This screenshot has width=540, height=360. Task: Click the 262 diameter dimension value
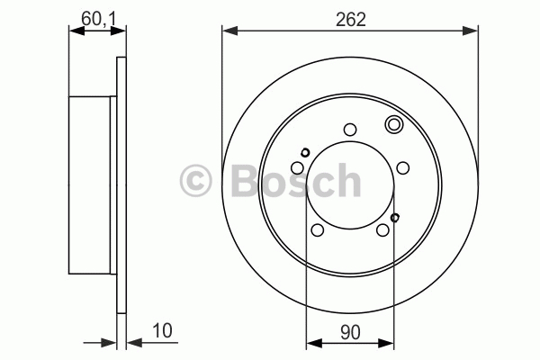(351, 19)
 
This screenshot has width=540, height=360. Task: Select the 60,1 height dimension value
(98, 19)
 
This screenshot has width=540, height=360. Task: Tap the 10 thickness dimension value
(162, 330)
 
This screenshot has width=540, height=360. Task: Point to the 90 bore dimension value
(350, 332)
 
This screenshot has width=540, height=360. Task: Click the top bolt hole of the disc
(350, 130)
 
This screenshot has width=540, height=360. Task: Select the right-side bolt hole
(403, 168)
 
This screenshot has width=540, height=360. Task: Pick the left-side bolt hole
(298, 168)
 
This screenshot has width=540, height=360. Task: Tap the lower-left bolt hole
(318, 229)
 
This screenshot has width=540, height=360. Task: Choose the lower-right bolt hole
(383, 229)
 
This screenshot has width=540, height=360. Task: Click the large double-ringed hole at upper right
(393, 124)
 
